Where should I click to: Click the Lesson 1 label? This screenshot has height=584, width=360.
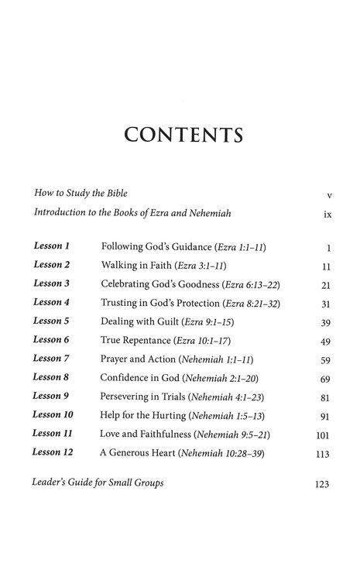point(52,246)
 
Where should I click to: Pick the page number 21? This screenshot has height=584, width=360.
point(326,285)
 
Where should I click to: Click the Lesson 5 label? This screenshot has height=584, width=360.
point(52,321)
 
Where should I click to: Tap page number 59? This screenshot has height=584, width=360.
point(326,360)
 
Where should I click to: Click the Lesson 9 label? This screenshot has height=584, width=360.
point(52,396)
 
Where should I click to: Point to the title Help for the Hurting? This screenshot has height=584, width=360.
point(144,415)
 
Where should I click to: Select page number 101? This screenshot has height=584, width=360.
point(324,435)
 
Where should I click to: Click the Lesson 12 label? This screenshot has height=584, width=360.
point(53,452)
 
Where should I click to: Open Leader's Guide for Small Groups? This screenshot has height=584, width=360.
point(98,483)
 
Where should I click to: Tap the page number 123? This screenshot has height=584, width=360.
point(323,485)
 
